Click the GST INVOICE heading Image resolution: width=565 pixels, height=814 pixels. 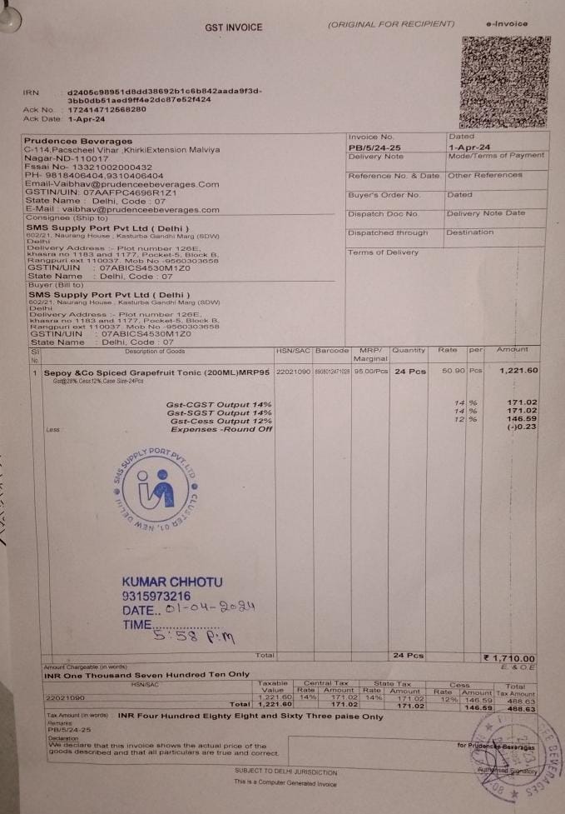pos(234,27)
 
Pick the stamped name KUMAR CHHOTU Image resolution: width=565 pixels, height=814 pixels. pos(171,581)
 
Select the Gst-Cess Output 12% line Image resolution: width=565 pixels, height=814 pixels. pos(220,421)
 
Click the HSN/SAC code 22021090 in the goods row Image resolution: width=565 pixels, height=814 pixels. pos(293,371)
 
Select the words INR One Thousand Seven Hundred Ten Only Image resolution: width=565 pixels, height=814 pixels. pos(146,673)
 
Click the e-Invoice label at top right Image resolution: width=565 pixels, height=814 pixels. pos(505,24)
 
